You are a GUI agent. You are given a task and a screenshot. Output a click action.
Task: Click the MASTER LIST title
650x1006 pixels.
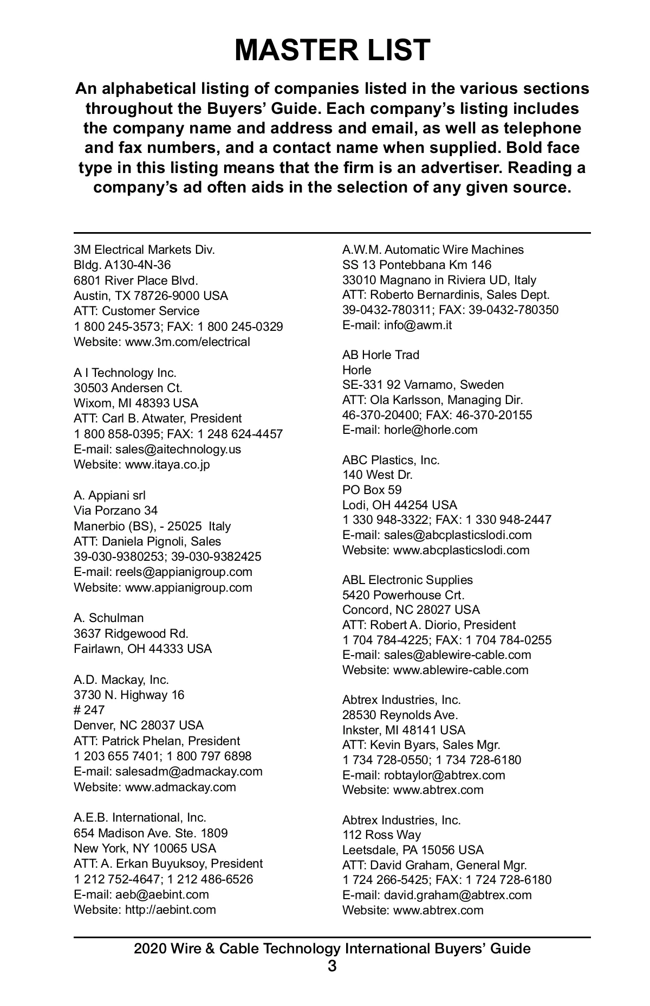pyautogui.click(x=332, y=50)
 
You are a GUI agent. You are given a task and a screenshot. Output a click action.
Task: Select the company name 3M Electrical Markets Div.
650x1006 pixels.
pyautogui.click(x=144, y=249)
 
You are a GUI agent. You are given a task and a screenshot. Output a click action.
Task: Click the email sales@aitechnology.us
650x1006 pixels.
pyautogui.click(x=178, y=449)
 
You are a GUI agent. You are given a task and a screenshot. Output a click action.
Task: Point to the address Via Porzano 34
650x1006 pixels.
pyautogui.click(x=115, y=510)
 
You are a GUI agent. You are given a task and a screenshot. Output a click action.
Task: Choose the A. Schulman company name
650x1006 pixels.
pyautogui.click(x=109, y=618)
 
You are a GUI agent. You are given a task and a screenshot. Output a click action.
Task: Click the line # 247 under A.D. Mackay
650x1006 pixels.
pyautogui.click(x=89, y=710)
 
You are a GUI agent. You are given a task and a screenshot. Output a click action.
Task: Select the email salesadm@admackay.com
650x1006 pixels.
pyautogui.click(x=188, y=771)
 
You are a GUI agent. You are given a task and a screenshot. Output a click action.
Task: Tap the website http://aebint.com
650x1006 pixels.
pyautogui.click(x=170, y=909)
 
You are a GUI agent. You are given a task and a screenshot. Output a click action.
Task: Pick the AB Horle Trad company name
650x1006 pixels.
pyautogui.click(x=381, y=355)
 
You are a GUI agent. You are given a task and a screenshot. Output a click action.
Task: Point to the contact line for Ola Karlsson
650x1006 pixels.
pyautogui.click(x=432, y=400)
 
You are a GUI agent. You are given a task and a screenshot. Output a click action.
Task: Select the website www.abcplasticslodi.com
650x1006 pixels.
pyautogui.click(x=461, y=550)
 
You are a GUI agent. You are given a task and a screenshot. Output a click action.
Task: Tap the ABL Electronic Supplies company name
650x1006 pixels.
pyautogui.click(x=407, y=580)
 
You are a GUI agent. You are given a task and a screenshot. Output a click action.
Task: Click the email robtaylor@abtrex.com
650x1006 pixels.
pyautogui.click(x=444, y=775)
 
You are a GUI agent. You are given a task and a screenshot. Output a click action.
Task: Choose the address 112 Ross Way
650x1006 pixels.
pyautogui.click(x=381, y=835)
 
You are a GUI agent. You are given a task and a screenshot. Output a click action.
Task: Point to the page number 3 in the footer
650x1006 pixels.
pyautogui.click(x=332, y=966)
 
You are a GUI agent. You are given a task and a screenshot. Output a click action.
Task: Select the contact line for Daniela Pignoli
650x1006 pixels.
pyautogui.click(x=147, y=541)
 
